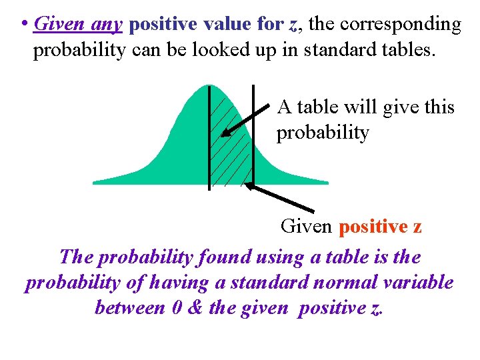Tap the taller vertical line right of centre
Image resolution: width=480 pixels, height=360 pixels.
[x=253, y=133]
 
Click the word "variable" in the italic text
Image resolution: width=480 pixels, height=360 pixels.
[x=417, y=282]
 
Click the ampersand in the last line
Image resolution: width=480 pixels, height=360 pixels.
[x=197, y=307]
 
